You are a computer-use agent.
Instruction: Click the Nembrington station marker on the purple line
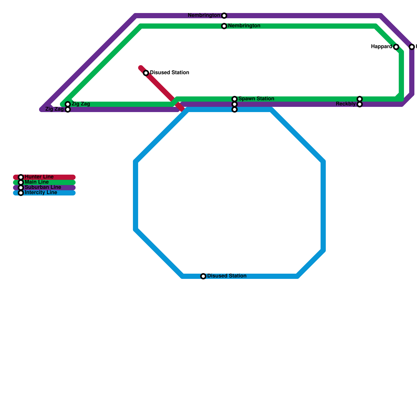(x=224, y=16)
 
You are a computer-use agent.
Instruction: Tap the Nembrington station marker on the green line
(x=224, y=26)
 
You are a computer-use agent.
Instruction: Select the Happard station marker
(x=396, y=47)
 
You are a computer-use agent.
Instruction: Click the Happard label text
(x=381, y=47)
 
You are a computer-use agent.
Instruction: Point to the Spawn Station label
(x=256, y=99)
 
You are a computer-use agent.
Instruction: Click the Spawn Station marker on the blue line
(x=235, y=109)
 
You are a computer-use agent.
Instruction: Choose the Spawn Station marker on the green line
(x=235, y=99)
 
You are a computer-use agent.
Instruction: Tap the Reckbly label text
(x=346, y=104)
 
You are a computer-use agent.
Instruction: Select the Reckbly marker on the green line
(x=360, y=99)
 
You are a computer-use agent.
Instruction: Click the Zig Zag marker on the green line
(x=68, y=104)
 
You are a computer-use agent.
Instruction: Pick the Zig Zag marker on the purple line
(x=68, y=109)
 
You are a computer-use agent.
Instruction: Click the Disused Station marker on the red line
(x=146, y=73)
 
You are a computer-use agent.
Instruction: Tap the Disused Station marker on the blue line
(x=203, y=276)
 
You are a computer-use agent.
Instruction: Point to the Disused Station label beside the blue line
(x=227, y=276)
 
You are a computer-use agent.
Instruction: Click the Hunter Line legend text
(x=39, y=177)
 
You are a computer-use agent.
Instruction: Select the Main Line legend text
(x=37, y=182)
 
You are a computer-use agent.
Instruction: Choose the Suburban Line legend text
(x=43, y=187)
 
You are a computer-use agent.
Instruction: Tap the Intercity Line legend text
(x=41, y=193)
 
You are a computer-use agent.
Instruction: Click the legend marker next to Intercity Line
(x=21, y=193)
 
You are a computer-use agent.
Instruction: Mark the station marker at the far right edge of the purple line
(x=412, y=47)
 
